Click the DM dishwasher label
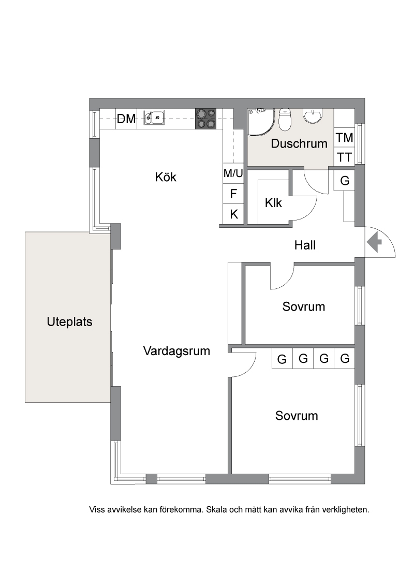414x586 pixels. click(126, 119)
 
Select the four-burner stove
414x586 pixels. click(205, 119)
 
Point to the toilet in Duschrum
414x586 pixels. click(285, 119)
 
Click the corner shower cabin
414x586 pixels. click(260, 122)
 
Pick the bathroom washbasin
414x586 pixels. click(313, 116)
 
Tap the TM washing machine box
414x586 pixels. click(344, 138)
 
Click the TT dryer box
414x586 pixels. click(344, 157)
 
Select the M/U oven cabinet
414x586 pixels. click(233, 173)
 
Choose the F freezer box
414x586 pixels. click(233, 194)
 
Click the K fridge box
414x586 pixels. click(233, 214)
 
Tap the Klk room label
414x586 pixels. click(273, 203)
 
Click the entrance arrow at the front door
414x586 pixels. click(374, 242)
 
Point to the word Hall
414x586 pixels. click(305, 245)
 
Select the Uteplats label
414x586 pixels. click(69, 322)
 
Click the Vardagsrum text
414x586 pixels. click(176, 351)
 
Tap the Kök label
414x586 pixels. click(166, 177)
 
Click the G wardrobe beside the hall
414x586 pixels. click(344, 181)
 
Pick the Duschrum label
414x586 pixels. click(299, 143)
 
